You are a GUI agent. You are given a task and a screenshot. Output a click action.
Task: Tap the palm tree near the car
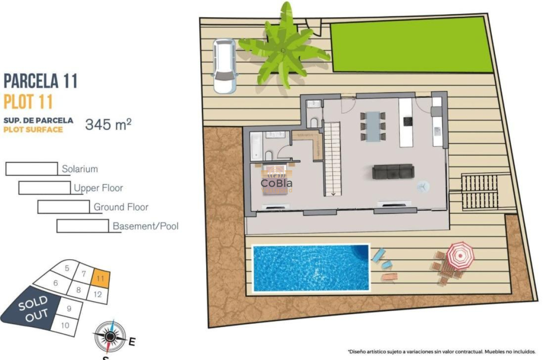(283, 51)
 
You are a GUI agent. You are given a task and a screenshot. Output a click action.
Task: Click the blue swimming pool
(311, 268)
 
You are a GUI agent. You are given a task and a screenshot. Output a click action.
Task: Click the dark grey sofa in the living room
(393, 171)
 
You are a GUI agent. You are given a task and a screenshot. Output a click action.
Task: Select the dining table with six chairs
(373, 126)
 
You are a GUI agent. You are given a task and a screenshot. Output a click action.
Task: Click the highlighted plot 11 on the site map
(101, 278)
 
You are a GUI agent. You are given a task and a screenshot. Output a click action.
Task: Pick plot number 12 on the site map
(97, 294)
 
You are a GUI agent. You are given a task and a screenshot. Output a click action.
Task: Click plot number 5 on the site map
(67, 269)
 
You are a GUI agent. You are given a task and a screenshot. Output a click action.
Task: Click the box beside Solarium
(31, 168)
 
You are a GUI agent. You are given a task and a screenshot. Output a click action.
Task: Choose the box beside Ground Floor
(63, 207)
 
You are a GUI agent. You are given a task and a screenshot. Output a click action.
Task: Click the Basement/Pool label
(145, 226)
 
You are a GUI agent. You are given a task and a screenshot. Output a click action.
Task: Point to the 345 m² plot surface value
(108, 124)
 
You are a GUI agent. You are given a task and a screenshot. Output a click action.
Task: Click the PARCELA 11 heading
(40, 81)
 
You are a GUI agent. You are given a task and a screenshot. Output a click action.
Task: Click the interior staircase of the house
(332, 159)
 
